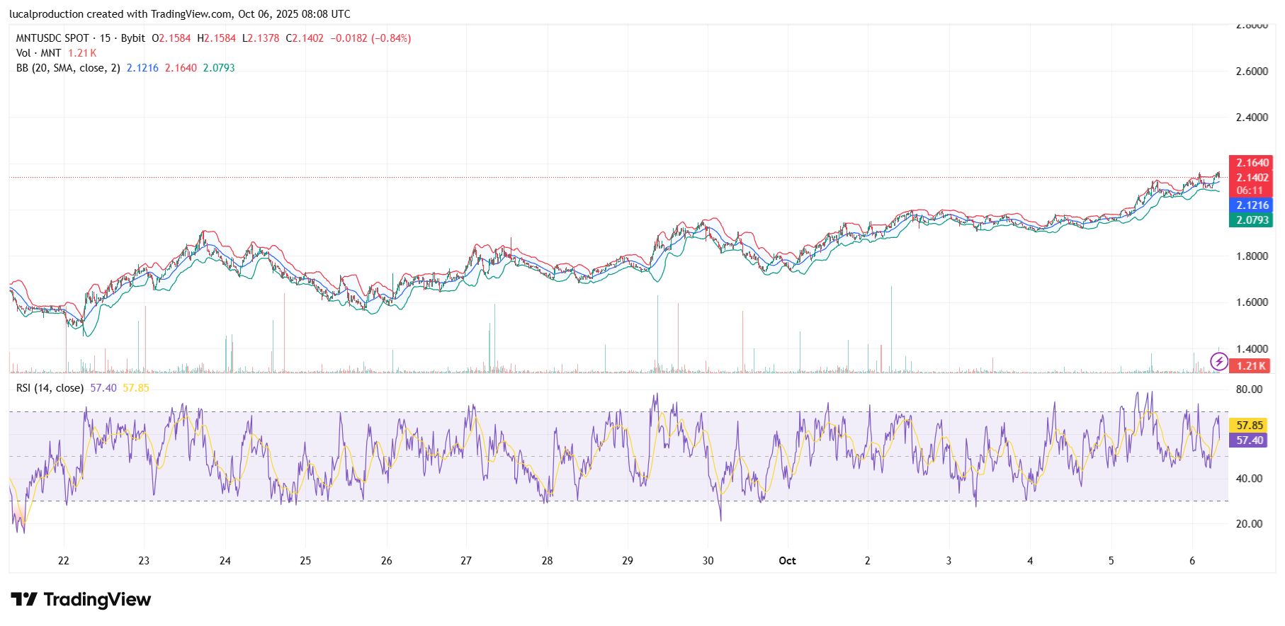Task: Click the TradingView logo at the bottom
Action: (x=81, y=600)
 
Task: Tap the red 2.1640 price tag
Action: (x=1252, y=163)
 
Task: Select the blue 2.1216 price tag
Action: (x=1252, y=205)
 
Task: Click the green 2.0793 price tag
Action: (x=1252, y=220)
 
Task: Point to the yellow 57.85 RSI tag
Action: (x=1249, y=426)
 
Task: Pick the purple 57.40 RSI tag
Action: (x=1249, y=440)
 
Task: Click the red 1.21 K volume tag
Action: (x=1250, y=366)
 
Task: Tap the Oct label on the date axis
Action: (x=787, y=561)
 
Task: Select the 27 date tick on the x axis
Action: (x=466, y=561)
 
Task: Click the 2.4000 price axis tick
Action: (x=1252, y=118)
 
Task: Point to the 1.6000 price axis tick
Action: (x=1252, y=302)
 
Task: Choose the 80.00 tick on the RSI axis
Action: (x=1249, y=389)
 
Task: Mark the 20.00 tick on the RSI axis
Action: (x=1249, y=524)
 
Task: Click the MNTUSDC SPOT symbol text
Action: (x=52, y=38)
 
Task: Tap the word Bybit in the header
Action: (x=132, y=38)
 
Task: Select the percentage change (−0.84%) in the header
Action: (x=391, y=38)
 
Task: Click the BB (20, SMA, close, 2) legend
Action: (x=68, y=68)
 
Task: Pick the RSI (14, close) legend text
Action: (x=50, y=388)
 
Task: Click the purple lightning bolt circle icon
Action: (x=1218, y=363)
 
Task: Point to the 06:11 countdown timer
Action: (x=1250, y=190)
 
